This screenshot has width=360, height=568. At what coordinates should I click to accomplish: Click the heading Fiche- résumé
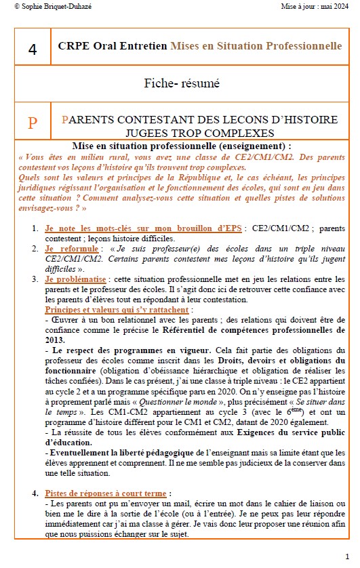tap(182, 84)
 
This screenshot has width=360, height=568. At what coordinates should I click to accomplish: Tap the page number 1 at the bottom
tap(347, 556)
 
